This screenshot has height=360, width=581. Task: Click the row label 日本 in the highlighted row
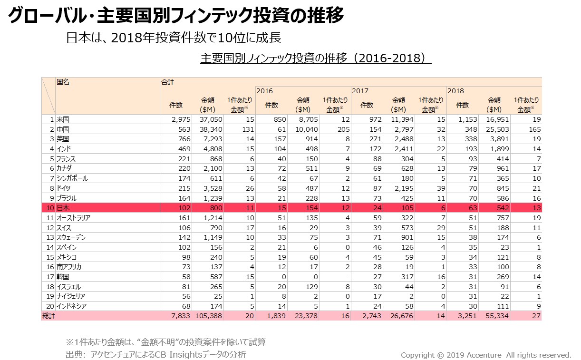click(x=63, y=208)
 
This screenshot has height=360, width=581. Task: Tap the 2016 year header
click(x=264, y=91)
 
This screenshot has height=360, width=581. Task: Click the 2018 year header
click(x=455, y=91)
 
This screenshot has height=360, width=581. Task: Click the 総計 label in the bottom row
click(x=48, y=316)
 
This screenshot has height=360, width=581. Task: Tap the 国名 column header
click(x=63, y=82)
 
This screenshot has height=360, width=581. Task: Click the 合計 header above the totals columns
click(x=167, y=82)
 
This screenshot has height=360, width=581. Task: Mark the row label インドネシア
click(x=72, y=306)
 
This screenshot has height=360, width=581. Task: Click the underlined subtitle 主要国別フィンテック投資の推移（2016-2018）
click(x=316, y=58)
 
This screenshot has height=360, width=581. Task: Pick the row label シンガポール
click(x=72, y=178)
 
